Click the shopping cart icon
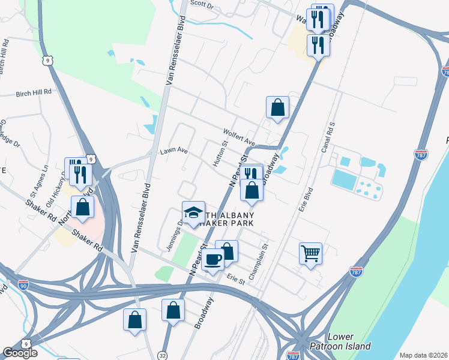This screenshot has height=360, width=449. pos(310,253)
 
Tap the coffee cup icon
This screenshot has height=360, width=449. pos(212,260)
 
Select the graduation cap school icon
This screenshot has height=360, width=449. pos(193,213)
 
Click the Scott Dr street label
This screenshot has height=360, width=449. pos(202,5)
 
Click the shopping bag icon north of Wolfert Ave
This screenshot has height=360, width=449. pos(277,108)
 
